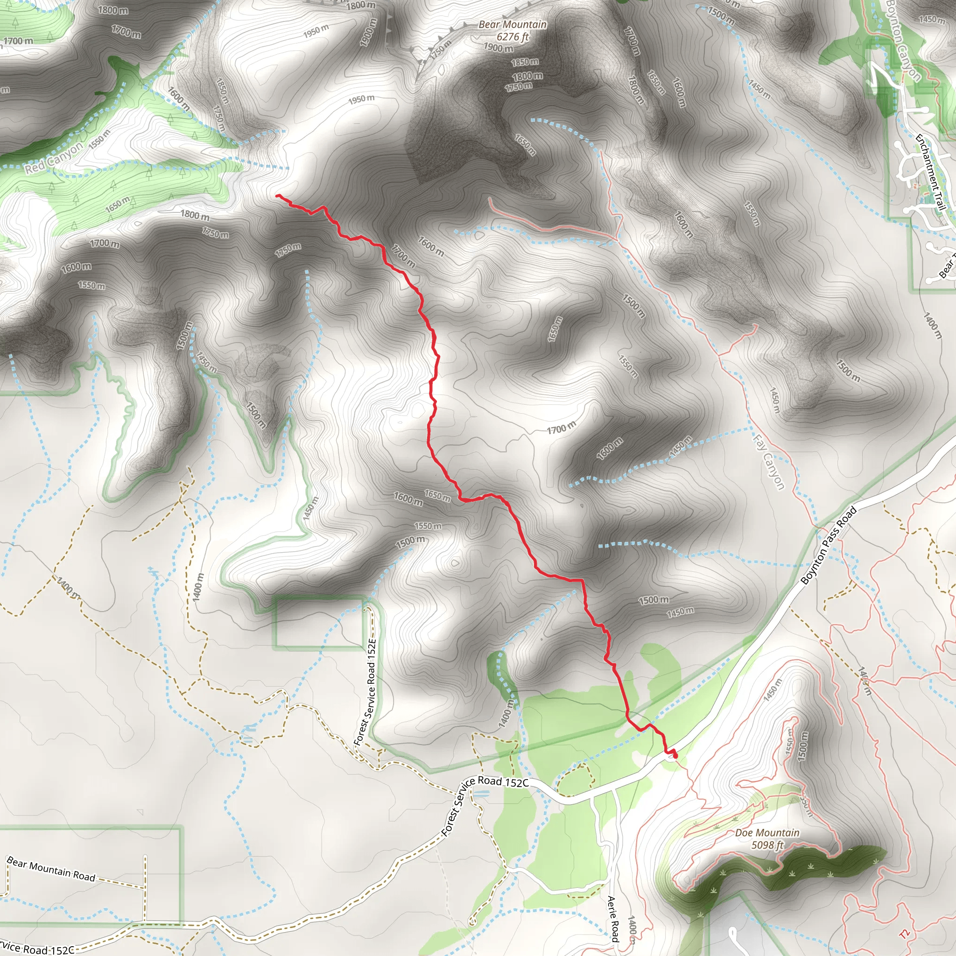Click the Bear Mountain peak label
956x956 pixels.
click(x=512, y=24)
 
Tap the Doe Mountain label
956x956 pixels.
click(x=767, y=833)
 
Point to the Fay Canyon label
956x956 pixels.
click(x=768, y=462)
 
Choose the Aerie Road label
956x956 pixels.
click(x=612, y=918)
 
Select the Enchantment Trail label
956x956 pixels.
click(x=931, y=172)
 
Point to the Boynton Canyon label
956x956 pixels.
click(x=903, y=40)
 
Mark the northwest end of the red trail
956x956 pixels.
click(x=277, y=196)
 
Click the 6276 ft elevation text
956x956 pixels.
click(x=513, y=36)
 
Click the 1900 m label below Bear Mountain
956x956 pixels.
click(x=498, y=48)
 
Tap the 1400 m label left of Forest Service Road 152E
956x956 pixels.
click(x=198, y=587)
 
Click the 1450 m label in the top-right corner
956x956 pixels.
click(x=931, y=19)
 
